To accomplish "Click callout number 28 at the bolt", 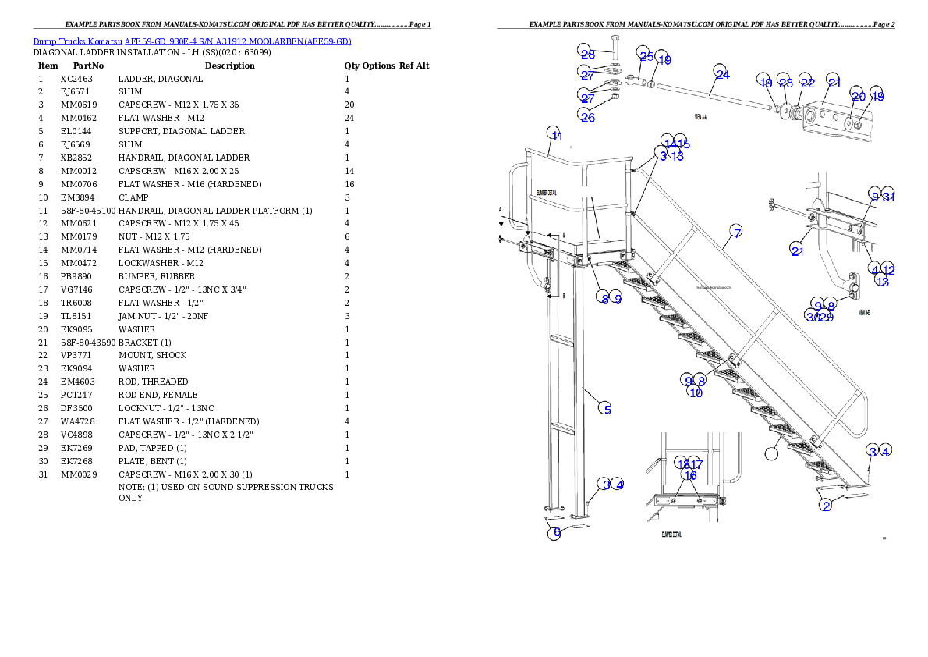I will [x=587, y=52].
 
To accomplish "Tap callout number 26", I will [x=587, y=115].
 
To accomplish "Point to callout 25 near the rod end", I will [x=645, y=55].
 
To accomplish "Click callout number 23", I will [x=785, y=82].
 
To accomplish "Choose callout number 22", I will [x=806, y=82].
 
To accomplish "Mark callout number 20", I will [x=858, y=95].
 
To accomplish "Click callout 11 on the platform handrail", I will [x=554, y=134].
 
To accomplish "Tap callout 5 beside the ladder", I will [x=606, y=408].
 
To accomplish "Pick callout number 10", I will [x=695, y=392].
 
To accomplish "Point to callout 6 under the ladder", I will [x=553, y=534].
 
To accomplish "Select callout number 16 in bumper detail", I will [x=690, y=475].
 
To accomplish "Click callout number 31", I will [x=889, y=196].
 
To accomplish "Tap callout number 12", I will [x=888, y=269].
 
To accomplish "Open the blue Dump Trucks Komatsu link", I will [x=192, y=41].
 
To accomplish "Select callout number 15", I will [x=683, y=143].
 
